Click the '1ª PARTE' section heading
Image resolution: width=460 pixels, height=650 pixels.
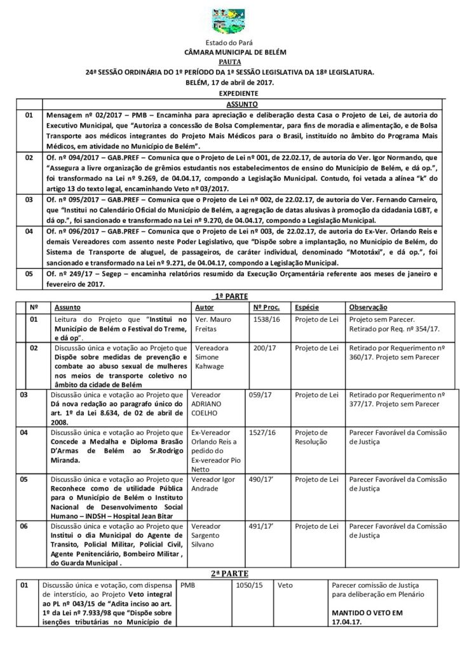229,296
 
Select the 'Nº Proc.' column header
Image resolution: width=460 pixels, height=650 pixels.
266,306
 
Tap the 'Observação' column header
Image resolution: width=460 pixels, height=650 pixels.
369,306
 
